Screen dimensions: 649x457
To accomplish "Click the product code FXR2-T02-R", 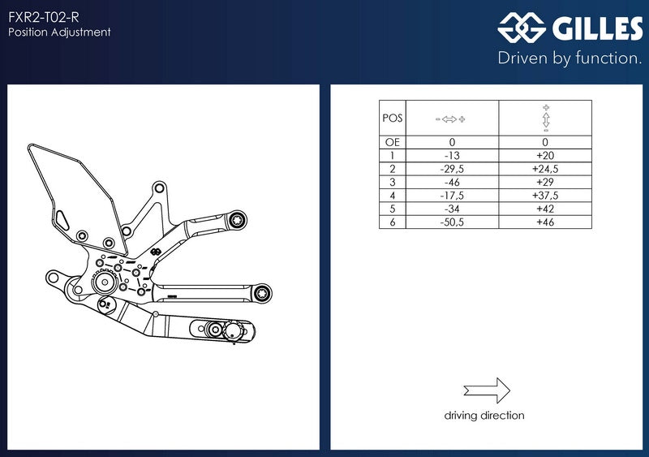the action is [44, 17].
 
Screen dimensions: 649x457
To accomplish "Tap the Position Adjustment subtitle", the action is [59, 32].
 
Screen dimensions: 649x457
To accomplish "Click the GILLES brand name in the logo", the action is [597, 28].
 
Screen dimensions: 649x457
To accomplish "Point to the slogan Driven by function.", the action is [569, 58].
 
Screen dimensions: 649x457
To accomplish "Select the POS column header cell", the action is [393, 118].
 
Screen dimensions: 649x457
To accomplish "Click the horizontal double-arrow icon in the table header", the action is [450, 119].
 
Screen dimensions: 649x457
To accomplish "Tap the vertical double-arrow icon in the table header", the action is [545, 119].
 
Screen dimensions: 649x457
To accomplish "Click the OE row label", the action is [393, 142].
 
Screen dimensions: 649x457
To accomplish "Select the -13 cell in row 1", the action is [452, 155].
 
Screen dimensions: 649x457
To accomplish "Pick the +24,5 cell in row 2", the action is [545, 169].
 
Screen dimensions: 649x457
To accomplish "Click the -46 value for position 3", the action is [452, 182].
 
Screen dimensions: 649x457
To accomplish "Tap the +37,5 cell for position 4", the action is [545, 195].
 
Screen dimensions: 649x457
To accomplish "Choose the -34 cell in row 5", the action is [452, 209].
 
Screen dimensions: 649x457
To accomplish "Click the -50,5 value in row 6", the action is [452, 222].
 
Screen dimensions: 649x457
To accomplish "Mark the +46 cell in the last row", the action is [545, 222].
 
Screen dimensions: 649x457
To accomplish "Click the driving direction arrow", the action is [487, 390].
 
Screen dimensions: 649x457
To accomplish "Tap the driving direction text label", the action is [484, 415].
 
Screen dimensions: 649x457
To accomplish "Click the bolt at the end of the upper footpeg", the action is [238, 220].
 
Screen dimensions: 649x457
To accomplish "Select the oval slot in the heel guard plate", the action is [62, 220].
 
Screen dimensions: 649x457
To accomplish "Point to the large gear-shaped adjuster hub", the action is [105, 282].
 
